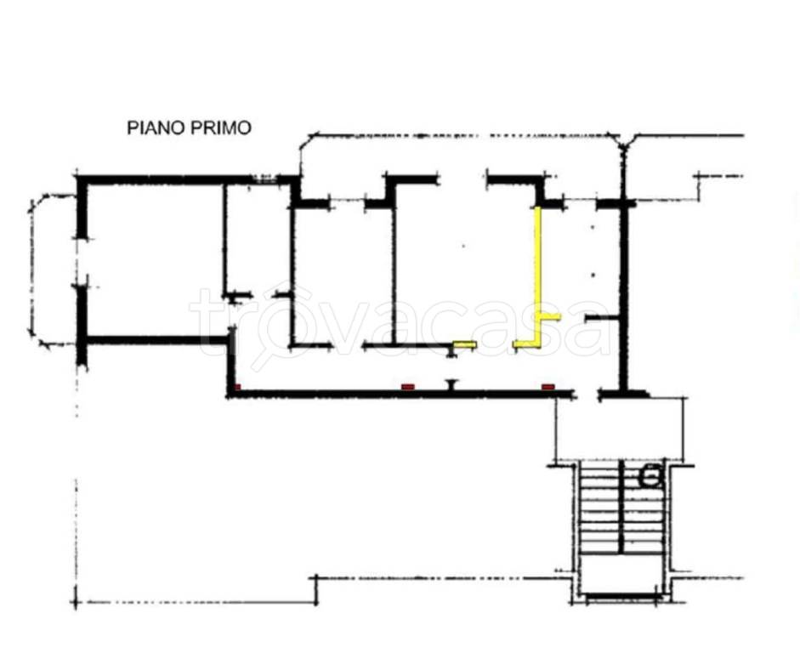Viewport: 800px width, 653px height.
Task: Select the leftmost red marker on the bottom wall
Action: (237, 387)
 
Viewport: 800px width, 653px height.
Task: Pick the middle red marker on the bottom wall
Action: (408, 387)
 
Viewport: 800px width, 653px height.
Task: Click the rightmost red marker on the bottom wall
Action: (548, 387)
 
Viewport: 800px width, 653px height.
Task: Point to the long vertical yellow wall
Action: (537, 275)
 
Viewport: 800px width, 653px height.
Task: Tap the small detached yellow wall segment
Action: (465, 345)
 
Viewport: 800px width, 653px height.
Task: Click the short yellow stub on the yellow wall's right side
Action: (551, 317)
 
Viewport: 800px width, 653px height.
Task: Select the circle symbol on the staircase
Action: (651, 476)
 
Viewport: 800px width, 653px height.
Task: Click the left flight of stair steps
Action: (600, 508)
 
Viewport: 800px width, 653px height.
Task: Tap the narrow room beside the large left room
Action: (257, 240)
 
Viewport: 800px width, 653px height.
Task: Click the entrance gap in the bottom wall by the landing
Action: (587, 395)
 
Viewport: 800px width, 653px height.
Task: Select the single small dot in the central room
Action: (464, 247)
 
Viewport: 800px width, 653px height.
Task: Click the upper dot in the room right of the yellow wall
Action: (593, 227)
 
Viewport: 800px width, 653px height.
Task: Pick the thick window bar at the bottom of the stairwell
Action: (621, 596)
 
